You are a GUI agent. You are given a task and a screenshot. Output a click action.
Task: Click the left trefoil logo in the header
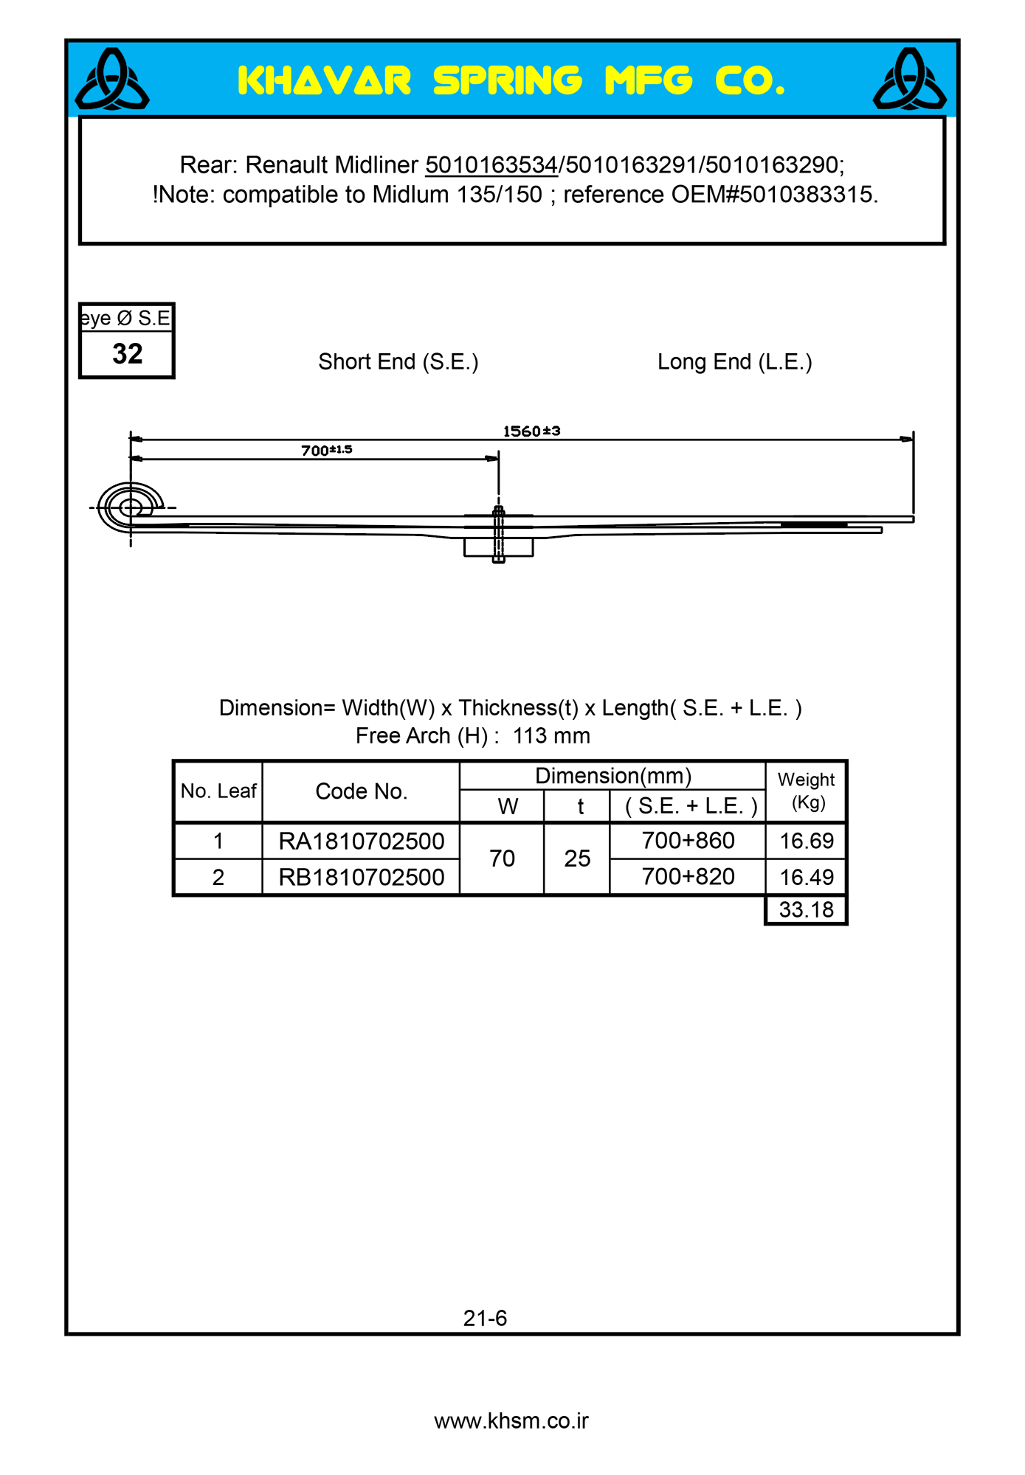pyautogui.click(x=112, y=80)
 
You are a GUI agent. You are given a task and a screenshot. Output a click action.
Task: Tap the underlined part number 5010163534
pyautogui.click(x=491, y=164)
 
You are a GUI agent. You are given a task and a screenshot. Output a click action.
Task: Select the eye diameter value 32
pyautogui.click(x=127, y=354)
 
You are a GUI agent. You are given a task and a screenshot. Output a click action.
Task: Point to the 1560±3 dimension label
pyautogui.click(x=531, y=431)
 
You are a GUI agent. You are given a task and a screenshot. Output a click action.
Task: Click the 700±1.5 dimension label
pyautogui.click(x=326, y=450)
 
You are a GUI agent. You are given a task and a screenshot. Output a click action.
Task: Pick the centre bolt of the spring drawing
pyautogui.click(x=499, y=534)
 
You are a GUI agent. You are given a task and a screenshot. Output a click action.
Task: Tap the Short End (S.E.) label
pyautogui.click(x=398, y=362)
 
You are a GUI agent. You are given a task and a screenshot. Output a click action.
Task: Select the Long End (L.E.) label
pyautogui.click(x=734, y=362)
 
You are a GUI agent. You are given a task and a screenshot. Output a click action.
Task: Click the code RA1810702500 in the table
pyautogui.click(x=362, y=841)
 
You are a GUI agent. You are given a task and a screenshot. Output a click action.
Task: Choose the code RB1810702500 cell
pyautogui.click(x=362, y=877)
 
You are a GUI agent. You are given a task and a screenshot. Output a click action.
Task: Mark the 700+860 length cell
pyautogui.click(x=688, y=840)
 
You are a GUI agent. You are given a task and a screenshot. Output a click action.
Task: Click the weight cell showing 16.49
pyautogui.click(x=807, y=877)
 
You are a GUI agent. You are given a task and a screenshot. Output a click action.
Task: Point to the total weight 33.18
pyautogui.click(x=807, y=909)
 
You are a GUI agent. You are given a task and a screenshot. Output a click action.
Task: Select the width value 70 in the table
pyautogui.click(x=502, y=858)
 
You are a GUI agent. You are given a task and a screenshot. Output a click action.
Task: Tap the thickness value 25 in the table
pyautogui.click(x=577, y=858)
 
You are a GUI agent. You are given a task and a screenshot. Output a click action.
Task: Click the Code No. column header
pyautogui.click(x=362, y=791)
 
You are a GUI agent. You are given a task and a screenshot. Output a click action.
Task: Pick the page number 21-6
pyautogui.click(x=485, y=1318)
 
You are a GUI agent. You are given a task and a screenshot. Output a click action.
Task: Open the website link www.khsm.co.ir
pyautogui.click(x=511, y=1421)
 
